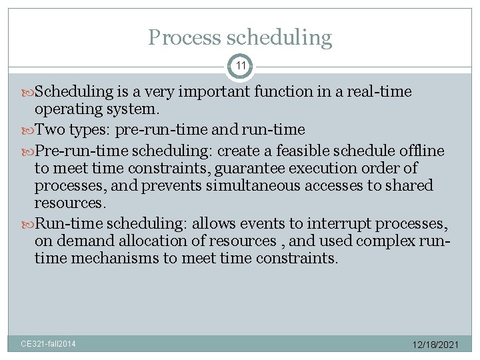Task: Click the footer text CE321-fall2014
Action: click(x=48, y=344)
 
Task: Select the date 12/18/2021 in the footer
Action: click(x=434, y=345)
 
